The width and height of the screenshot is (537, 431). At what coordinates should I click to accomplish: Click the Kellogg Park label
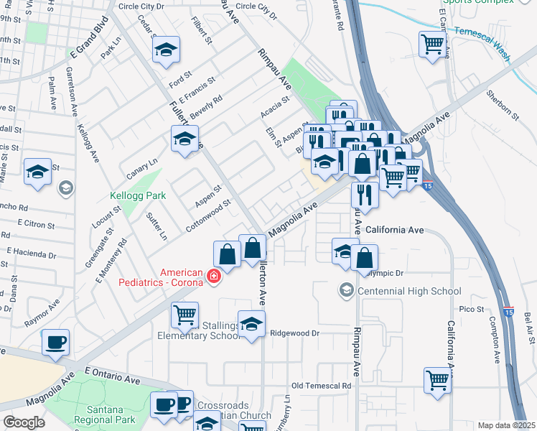pyautogui.click(x=138, y=195)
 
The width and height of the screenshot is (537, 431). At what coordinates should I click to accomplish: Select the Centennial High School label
pyautogui.click(x=409, y=291)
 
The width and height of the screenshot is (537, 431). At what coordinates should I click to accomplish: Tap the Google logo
pyautogui.click(x=24, y=423)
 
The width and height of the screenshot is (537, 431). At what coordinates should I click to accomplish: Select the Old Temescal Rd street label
pyautogui.click(x=321, y=386)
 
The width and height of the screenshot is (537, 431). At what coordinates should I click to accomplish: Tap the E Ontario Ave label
pyautogui.click(x=111, y=376)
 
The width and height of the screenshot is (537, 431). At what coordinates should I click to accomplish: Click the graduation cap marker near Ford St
pyautogui.click(x=166, y=50)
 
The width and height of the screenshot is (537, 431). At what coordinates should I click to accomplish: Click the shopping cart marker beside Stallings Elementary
pyautogui.click(x=185, y=314)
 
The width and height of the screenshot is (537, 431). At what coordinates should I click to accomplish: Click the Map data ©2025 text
pyautogui.click(x=506, y=425)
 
